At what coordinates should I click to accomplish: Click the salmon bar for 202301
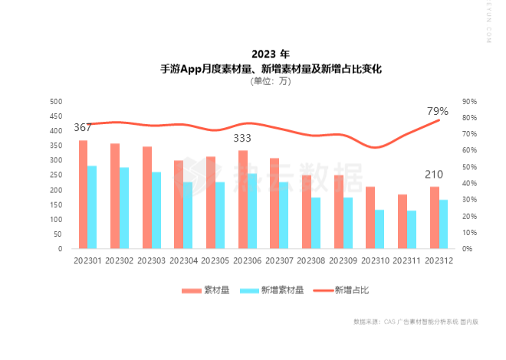pyautogui.click(x=83, y=195)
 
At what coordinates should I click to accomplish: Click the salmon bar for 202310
pyautogui.click(x=370, y=218)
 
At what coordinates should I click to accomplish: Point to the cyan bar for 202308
pyautogui.click(x=315, y=223)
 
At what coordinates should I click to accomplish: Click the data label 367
pyautogui.click(x=83, y=127)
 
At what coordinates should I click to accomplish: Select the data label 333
pyautogui.click(x=243, y=138)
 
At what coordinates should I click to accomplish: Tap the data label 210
pyautogui.click(x=434, y=175)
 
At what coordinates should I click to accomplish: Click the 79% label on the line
pyautogui.click(x=438, y=111)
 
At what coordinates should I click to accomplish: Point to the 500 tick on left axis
pyautogui.click(x=55, y=101)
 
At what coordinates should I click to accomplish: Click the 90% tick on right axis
pyautogui.click(x=470, y=101)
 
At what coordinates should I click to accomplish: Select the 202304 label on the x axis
pyautogui.click(x=184, y=261)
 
